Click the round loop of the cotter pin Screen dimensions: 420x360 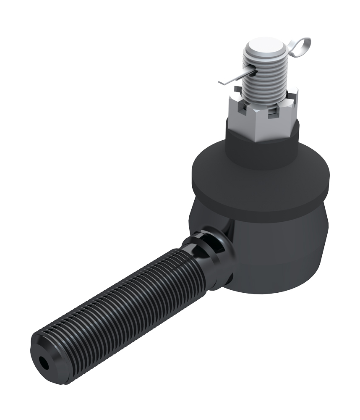[303, 45]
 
